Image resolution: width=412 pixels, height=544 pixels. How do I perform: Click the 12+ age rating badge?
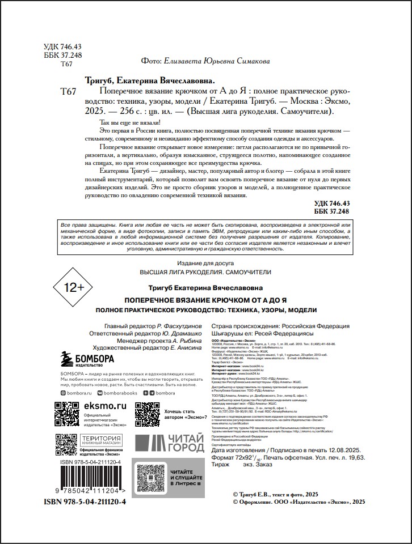73,287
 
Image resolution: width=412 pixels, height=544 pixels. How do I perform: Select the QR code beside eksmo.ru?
67,414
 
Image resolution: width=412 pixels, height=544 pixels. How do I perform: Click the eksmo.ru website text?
105,406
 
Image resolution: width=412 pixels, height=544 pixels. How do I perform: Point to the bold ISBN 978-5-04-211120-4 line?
85,502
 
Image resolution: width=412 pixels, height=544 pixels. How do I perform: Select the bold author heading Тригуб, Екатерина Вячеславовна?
149,80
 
